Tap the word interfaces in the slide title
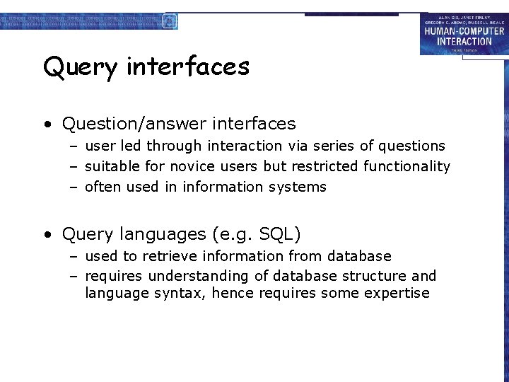pyautogui.click(x=188, y=66)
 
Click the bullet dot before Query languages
pyautogui.click(x=47, y=234)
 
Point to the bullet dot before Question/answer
pyautogui.click(x=47, y=125)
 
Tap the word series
pyautogui.click(x=331, y=146)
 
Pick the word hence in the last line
pyautogui.click(x=233, y=293)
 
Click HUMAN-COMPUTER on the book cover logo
pyautogui.click(x=464, y=30)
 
